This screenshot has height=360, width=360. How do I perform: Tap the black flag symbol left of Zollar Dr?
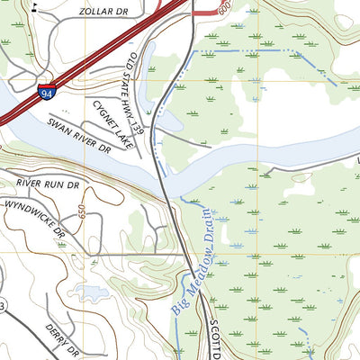[34, 6]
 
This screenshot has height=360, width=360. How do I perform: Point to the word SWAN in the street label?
[59, 126]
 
